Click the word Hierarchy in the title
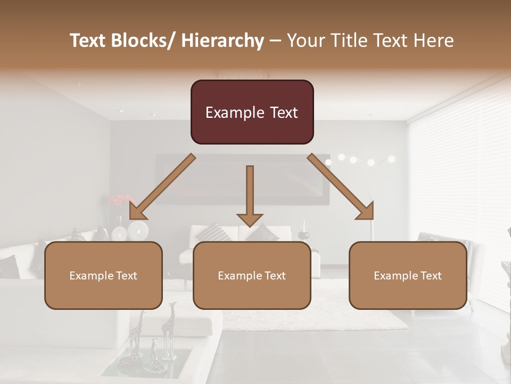click(222, 41)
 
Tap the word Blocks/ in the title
click(140, 41)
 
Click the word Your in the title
click(306, 41)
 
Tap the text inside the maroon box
click(252, 113)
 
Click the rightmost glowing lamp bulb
click(391, 159)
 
